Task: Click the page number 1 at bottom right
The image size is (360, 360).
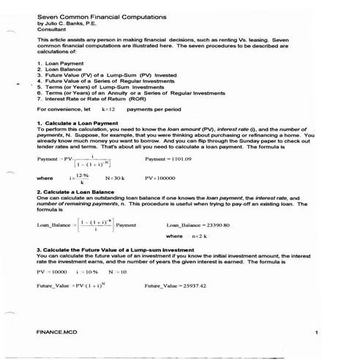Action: pos(315,333)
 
